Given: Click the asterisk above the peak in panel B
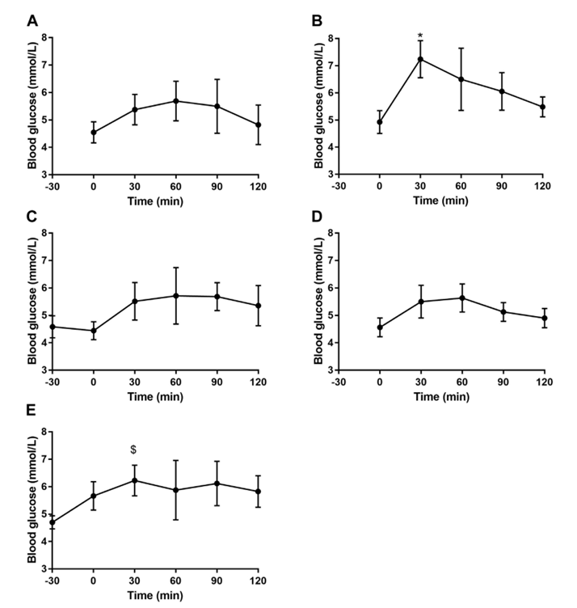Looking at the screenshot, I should tap(420, 36).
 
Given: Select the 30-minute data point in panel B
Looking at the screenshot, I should tap(420, 59).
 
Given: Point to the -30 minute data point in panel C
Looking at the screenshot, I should tap(53, 327).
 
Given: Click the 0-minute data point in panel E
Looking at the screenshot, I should tap(94, 496).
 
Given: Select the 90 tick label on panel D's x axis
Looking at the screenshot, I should tap(502, 381).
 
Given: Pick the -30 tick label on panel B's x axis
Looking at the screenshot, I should tap(338, 186).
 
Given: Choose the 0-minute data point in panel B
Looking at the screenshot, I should tap(379, 122).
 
